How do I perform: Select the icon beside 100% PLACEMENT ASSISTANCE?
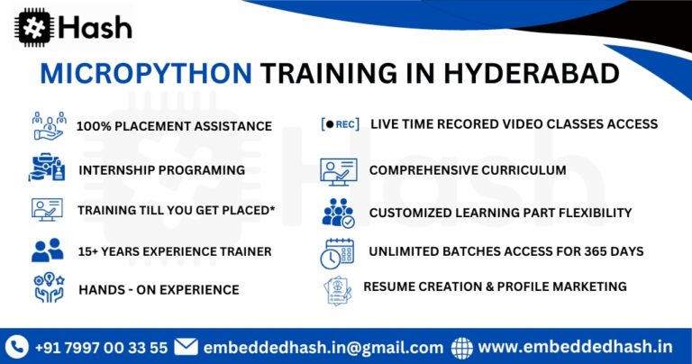(x=48, y=125)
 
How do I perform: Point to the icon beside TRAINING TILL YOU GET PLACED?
(x=47, y=210)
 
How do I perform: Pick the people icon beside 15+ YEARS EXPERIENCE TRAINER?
(x=47, y=250)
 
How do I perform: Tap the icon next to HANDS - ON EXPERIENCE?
(x=47, y=289)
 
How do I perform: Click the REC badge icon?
(x=340, y=124)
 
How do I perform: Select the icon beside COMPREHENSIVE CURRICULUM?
(x=338, y=169)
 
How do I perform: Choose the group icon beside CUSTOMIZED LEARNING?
(x=338, y=213)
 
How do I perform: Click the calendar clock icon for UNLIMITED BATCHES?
(x=337, y=252)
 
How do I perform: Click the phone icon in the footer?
(x=16, y=346)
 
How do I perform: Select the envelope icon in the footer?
(x=186, y=346)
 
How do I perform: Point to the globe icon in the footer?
(x=461, y=346)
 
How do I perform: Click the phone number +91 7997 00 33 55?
(x=101, y=347)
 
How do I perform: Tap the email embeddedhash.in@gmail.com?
(x=323, y=347)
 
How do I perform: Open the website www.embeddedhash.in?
(x=575, y=346)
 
